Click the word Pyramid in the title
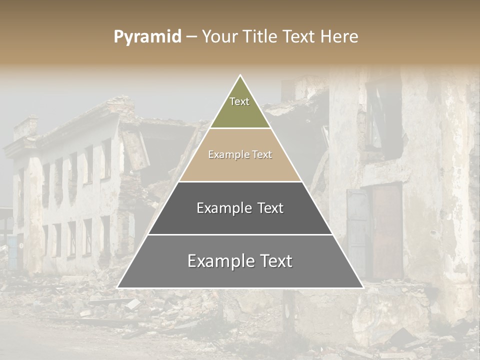point(147,37)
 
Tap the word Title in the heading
point(260,36)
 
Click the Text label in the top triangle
point(239,101)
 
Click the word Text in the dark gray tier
point(267,208)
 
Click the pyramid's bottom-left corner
point(118,287)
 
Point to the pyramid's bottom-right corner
point(362,287)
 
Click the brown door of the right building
point(386,230)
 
